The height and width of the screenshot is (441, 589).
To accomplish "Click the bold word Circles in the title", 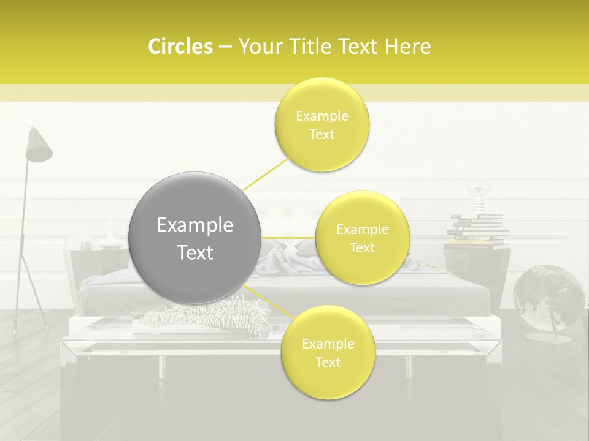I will pyautogui.click(x=180, y=47).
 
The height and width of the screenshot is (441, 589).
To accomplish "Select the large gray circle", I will pyautogui.click(x=194, y=238).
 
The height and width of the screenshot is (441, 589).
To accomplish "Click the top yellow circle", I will pyautogui.click(x=321, y=125).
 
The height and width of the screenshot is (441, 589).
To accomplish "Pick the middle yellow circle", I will pyautogui.click(x=362, y=238).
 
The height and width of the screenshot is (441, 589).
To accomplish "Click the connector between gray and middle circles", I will pyautogui.click(x=288, y=238).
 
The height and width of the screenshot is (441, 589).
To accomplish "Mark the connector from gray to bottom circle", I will pyautogui.click(x=268, y=300).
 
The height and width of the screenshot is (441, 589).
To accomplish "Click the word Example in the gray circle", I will pyautogui.click(x=194, y=225).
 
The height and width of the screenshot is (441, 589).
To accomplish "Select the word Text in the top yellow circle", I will pyautogui.click(x=321, y=135).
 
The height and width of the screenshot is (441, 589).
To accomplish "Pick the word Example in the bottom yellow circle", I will pyautogui.click(x=328, y=344).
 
